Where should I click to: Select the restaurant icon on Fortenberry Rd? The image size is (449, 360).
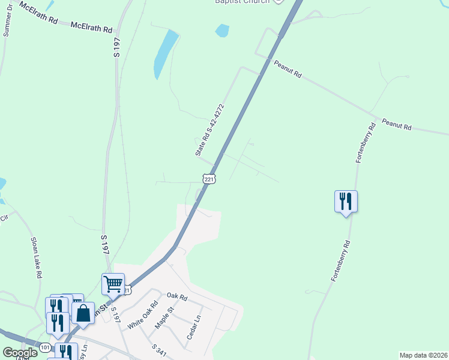(x=346, y=202)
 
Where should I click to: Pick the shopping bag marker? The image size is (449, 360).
(x=83, y=313)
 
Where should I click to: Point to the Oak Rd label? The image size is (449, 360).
(x=178, y=296)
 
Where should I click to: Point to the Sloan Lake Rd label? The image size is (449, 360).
(x=35, y=257)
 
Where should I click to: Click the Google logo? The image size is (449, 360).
(x=20, y=353)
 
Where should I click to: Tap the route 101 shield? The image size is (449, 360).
(x=46, y=347)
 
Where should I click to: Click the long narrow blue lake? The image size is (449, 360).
(x=166, y=53)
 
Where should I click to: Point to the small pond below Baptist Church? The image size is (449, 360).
(x=222, y=29)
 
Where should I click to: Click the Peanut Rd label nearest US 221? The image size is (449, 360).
(x=288, y=70)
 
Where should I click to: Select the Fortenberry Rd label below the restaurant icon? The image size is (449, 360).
(x=340, y=262)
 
